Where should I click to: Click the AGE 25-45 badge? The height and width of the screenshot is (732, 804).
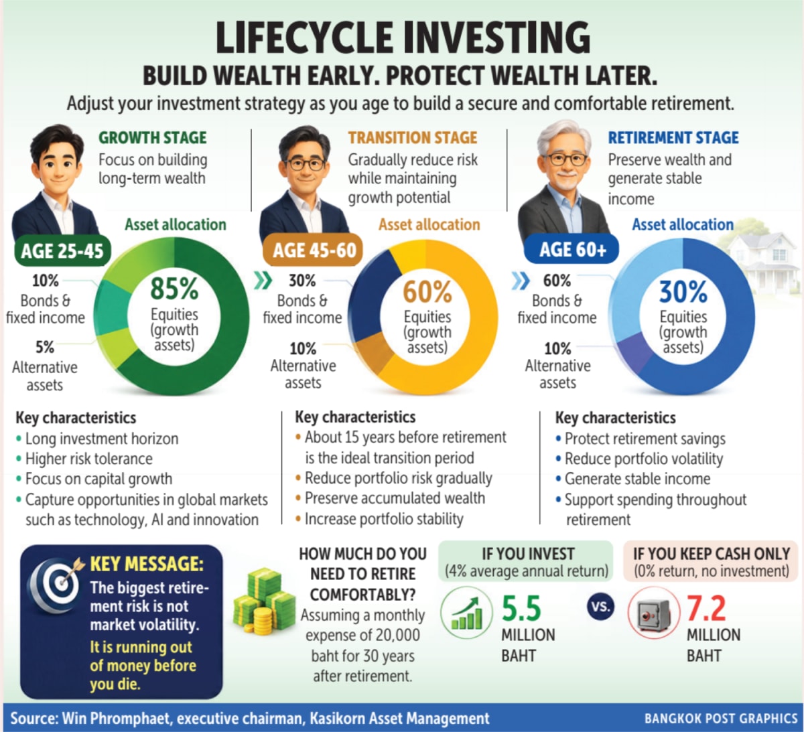[62, 251]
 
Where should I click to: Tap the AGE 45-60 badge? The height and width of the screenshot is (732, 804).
[313, 250]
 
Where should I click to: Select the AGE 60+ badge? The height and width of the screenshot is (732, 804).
[572, 249]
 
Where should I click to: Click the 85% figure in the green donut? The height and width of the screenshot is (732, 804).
[174, 289]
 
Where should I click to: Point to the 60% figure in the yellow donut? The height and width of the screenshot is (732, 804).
[427, 292]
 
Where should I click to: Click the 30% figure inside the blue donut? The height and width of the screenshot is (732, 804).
[683, 292]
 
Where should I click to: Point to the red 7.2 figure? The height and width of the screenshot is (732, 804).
[706, 609]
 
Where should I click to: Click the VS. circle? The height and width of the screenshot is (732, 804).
[600, 607]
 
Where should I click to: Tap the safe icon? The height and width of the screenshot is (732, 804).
[654, 613]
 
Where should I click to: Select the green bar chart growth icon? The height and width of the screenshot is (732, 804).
[466, 613]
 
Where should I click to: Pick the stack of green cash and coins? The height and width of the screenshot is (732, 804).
[264, 601]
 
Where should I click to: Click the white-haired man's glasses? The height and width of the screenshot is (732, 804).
[567, 160]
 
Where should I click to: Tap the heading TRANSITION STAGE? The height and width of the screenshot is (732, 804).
[413, 138]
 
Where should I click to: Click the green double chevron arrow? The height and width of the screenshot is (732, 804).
[263, 281]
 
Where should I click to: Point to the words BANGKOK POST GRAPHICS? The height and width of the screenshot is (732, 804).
[721, 718]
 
